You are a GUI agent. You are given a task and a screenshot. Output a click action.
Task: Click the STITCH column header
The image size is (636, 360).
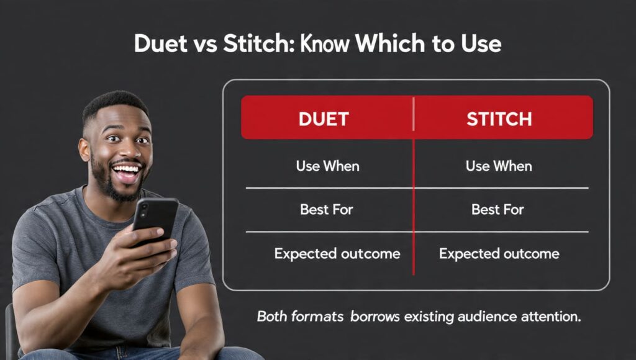coord(499,119)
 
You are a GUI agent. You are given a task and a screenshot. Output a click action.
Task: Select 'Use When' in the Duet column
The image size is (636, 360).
coord(327,166)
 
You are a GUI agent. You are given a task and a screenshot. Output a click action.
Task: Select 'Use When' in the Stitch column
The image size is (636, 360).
coord(499,166)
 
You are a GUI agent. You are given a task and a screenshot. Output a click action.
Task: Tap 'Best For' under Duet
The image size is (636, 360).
coord(326,210)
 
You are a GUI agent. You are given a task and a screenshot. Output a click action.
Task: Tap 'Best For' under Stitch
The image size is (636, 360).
coord(498,210)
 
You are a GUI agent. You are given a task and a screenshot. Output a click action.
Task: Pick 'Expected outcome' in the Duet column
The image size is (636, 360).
coord(337,254)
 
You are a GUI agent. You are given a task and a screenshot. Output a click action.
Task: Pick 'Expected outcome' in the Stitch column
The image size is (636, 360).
coord(499,254)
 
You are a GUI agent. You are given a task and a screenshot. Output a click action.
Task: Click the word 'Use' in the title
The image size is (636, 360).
coord(478,44)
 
